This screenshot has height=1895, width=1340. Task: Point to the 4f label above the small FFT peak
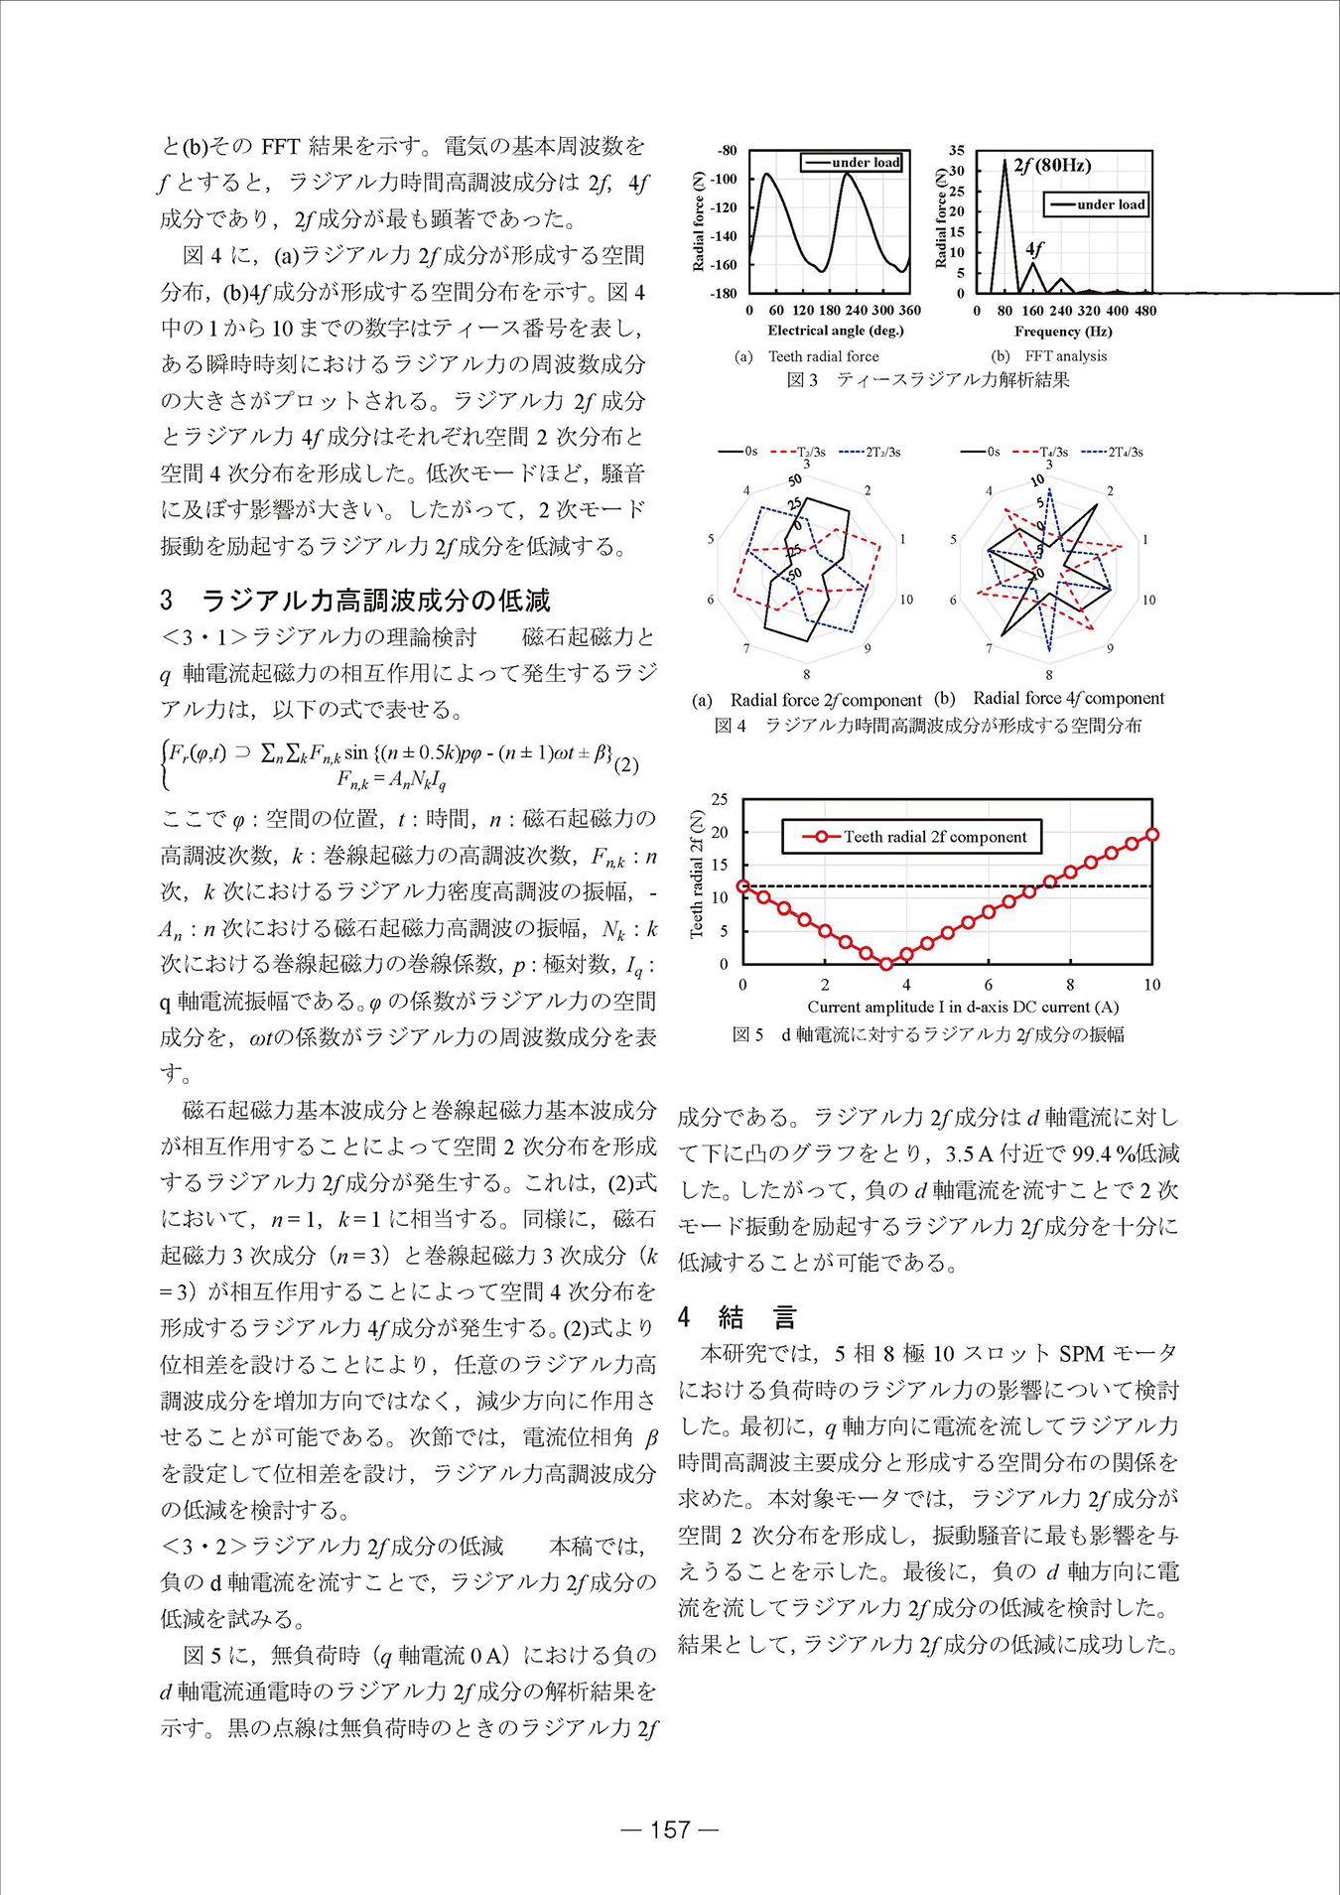[1034, 248]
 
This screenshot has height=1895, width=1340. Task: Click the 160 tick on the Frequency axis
[1032, 311]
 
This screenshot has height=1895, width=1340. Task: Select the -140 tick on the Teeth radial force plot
[724, 236]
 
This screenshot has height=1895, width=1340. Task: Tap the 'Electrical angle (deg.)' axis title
[836, 331]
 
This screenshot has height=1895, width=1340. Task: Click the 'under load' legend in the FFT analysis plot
[1097, 204]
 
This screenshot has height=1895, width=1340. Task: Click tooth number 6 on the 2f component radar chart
[711, 600]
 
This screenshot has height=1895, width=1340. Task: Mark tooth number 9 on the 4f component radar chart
[1110, 648]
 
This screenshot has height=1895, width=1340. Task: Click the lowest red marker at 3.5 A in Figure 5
[886, 964]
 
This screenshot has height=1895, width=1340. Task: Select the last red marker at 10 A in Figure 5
[1152, 835]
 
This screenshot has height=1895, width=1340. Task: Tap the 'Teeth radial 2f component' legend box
[911, 837]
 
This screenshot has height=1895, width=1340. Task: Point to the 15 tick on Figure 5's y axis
[721, 865]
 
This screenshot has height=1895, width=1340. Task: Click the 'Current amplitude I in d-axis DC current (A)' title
[962, 1007]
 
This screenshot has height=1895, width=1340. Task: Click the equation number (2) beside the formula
[626, 764]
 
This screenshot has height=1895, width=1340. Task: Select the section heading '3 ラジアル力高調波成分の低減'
[355, 601]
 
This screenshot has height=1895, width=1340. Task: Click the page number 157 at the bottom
[670, 1829]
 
